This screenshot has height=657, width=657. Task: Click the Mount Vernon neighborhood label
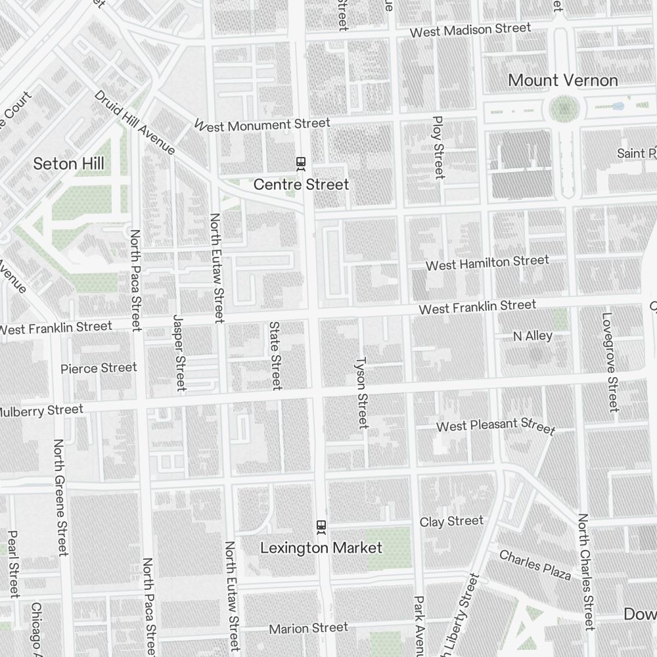click(x=563, y=81)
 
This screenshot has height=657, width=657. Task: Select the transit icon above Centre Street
click(x=301, y=163)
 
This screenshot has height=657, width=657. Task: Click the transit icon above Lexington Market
click(x=321, y=526)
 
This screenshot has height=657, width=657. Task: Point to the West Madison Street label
click(x=470, y=30)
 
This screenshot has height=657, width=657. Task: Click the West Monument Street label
click(x=262, y=124)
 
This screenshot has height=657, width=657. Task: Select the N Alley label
click(x=532, y=336)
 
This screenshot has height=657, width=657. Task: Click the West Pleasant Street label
click(x=495, y=426)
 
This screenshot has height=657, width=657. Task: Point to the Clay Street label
click(x=451, y=522)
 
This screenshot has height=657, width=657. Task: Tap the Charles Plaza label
click(x=535, y=565)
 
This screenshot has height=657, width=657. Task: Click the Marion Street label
click(x=308, y=629)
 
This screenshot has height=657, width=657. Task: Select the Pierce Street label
click(x=99, y=368)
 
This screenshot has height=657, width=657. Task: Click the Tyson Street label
click(x=361, y=392)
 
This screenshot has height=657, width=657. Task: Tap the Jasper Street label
click(x=179, y=352)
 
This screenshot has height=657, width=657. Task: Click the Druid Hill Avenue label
click(x=135, y=122)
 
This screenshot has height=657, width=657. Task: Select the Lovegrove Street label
click(x=609, y=362)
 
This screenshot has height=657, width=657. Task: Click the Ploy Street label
click(x=438, y=147)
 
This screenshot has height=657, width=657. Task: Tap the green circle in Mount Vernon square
click(x=562, y=108)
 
